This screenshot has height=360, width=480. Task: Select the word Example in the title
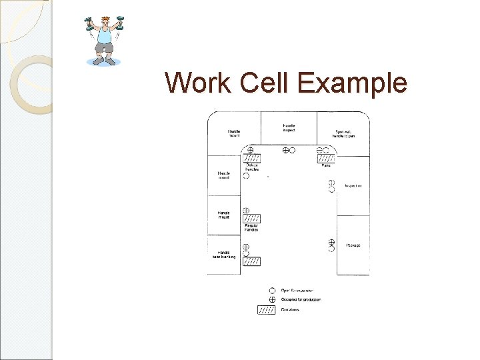[351, 83]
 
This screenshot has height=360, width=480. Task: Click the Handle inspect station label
[289, 127]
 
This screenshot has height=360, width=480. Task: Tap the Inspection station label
[353, 185]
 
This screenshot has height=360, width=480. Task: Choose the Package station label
[353, 245]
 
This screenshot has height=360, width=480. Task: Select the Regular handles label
[251, 227]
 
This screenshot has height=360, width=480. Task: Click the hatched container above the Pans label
[326, 159]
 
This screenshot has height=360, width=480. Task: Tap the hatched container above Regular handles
[251, 218]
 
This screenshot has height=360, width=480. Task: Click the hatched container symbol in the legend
[266, 309]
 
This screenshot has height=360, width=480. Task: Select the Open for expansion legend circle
[272, 291]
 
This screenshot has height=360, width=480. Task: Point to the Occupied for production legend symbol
[272, 300]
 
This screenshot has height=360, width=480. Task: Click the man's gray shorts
[104, 47]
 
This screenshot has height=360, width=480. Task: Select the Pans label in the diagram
[326, 165]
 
